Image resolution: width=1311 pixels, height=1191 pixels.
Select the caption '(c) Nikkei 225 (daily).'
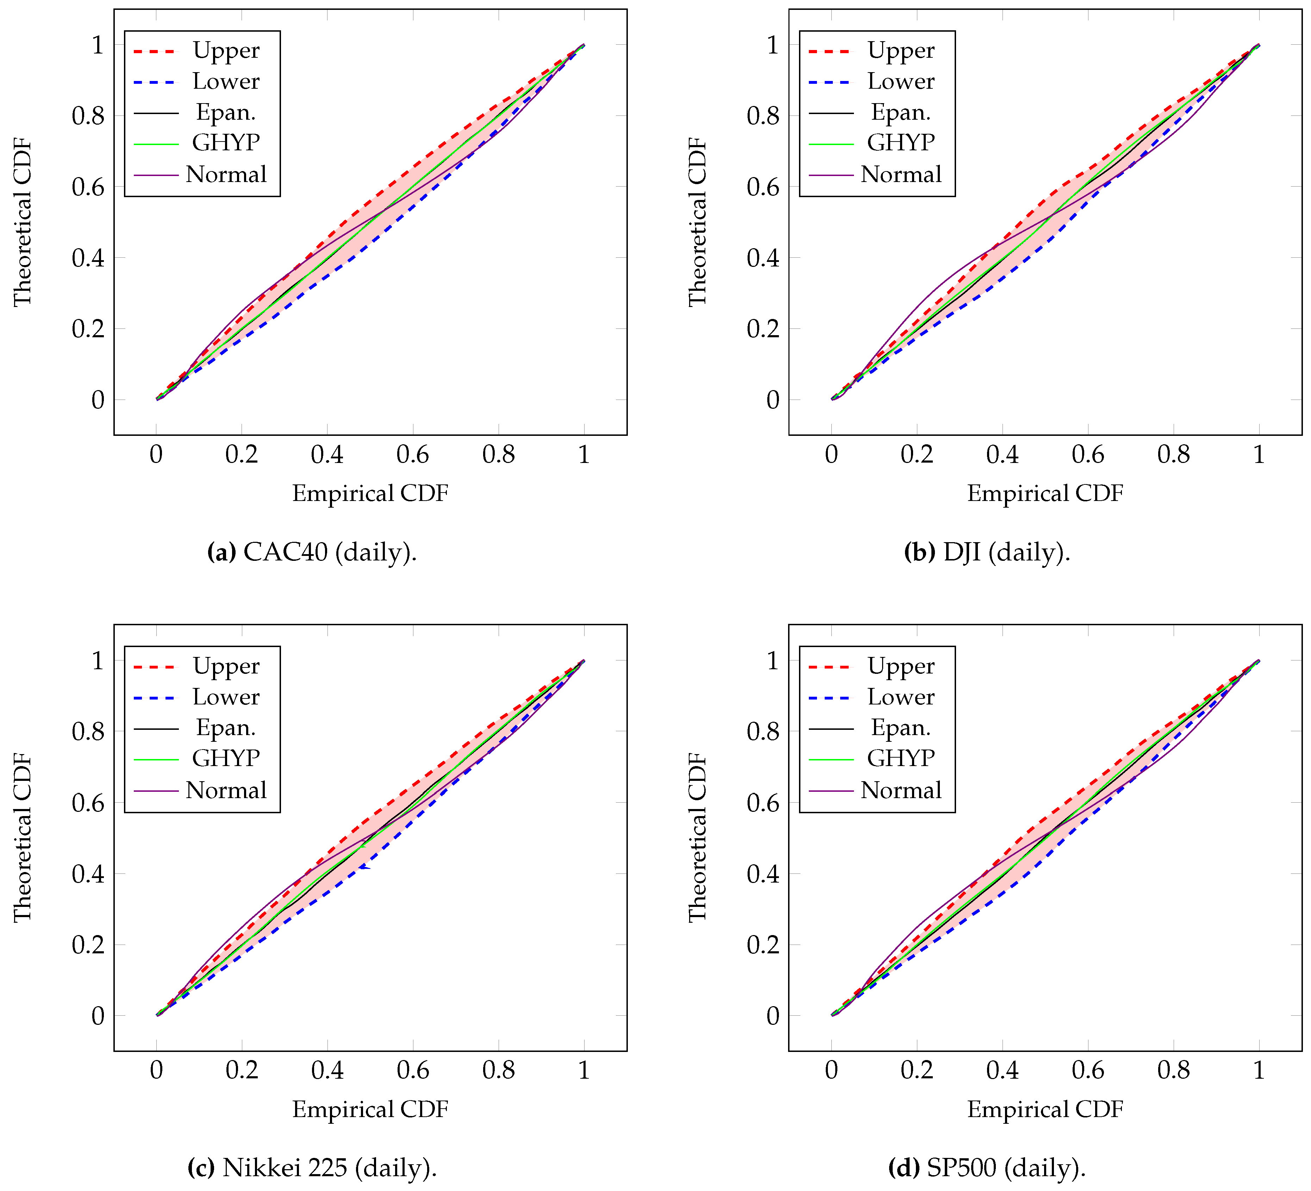coord(312,1168)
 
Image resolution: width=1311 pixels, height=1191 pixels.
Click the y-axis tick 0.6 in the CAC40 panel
coord(88,187)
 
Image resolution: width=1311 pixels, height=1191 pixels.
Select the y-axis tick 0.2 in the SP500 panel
coord(763,945)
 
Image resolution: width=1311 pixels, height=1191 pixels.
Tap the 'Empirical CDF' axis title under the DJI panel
coord(1045,494)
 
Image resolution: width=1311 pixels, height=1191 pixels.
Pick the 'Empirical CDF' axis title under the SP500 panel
coord(1045,1109)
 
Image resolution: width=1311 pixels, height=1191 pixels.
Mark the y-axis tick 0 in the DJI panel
coord(773,400)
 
